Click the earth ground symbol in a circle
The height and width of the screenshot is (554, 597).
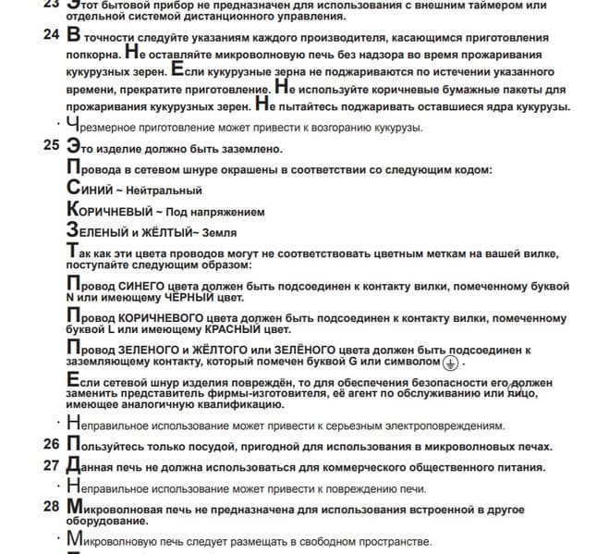click(x=449, y=363)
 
